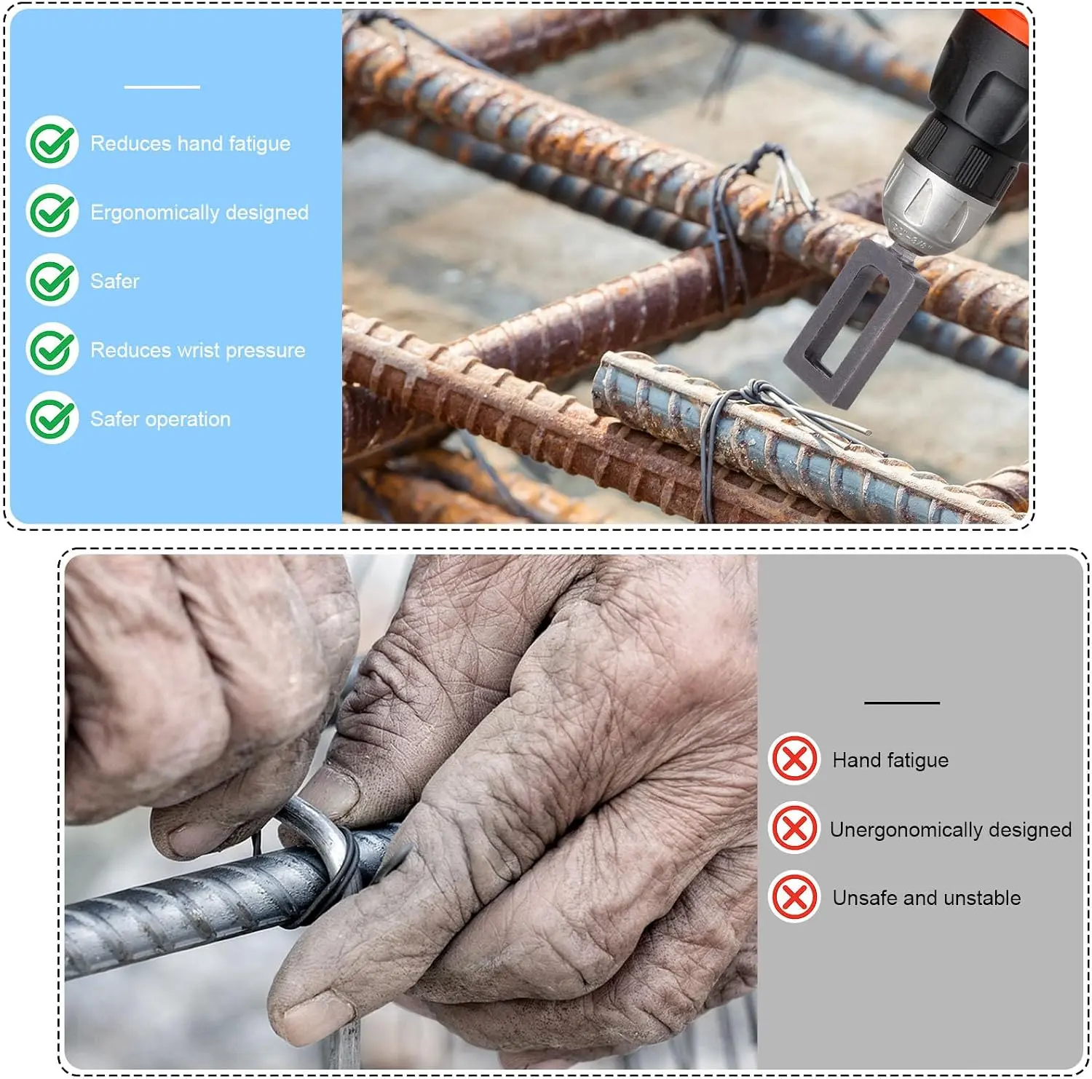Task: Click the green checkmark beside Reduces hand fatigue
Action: click(52, 142)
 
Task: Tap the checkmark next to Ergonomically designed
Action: click(52, 211)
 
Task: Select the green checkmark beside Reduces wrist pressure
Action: click(52, 349)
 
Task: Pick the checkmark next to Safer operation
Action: click(52, 418)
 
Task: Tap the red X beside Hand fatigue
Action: click(794, 759)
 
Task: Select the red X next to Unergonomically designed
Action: click(794, 828)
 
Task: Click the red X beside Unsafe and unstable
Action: click(794, 897)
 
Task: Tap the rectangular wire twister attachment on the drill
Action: click(854, 323)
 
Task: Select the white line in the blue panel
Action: click(162, 87)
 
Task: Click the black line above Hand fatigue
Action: click(902, 703)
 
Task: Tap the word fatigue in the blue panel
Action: click(259, 144)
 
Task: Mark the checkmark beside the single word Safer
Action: click(52, 280)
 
